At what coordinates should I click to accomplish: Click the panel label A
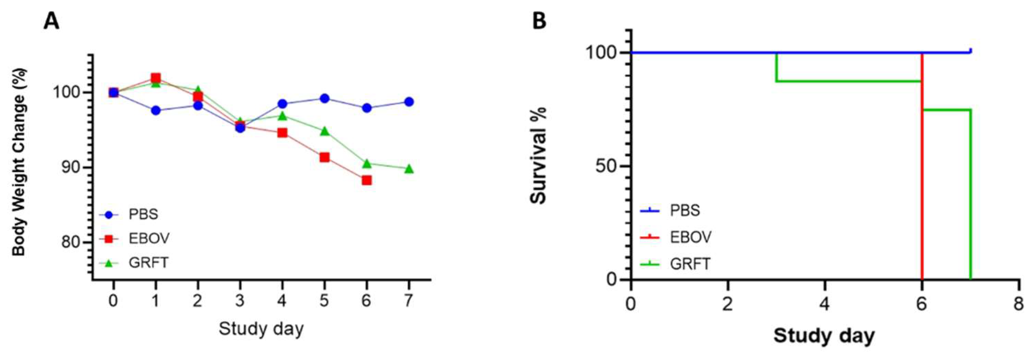click(x=51, y=21)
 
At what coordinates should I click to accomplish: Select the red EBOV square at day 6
click(x=367, y=180)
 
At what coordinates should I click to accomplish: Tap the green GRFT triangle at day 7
click(x=409, y=169)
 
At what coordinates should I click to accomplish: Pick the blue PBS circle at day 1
click(x=156, y=111)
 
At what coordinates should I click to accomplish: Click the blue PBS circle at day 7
click(x=409, y=102)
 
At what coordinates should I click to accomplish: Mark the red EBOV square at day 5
click(x=324, y=158)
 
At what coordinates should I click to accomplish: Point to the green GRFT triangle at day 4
click(x=282, y=116)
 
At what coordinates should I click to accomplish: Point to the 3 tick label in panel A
click(x=240, y=300)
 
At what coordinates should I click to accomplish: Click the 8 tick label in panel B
click(x=1018, y=305)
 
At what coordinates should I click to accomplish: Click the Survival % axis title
click(x=538, y=156)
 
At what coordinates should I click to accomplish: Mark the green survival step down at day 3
click(x=777, y=67)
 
